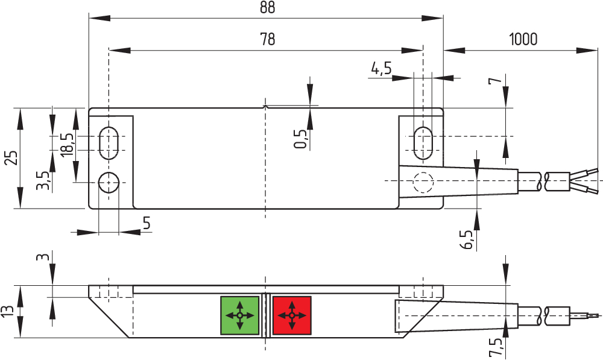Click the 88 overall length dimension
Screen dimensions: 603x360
267,8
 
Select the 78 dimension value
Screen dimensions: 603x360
268,39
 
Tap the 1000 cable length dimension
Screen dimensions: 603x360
523,39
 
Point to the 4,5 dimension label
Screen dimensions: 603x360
381,69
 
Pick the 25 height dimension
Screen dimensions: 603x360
11,158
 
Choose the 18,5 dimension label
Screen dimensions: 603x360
68,145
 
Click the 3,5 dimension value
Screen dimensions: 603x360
42,181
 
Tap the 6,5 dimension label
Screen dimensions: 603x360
467,240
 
